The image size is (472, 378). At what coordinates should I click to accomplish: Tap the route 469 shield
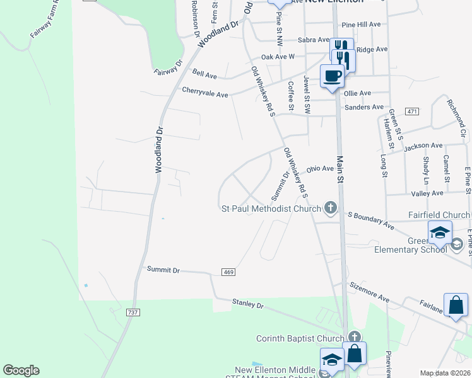[228, 272]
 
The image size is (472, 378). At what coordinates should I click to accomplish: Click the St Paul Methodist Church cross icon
[330, 207]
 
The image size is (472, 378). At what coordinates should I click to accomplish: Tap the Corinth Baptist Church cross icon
[354, 338]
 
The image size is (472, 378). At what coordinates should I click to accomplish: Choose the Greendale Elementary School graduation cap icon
[440, 233]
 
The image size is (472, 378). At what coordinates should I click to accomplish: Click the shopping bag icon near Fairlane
[456, 306]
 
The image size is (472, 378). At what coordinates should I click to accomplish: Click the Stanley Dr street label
[247, 304]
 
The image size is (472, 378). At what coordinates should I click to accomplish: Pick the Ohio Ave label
[319, 169]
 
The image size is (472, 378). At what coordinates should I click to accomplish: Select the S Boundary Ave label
[372, 220]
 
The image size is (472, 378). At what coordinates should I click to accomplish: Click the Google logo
[21, 370]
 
